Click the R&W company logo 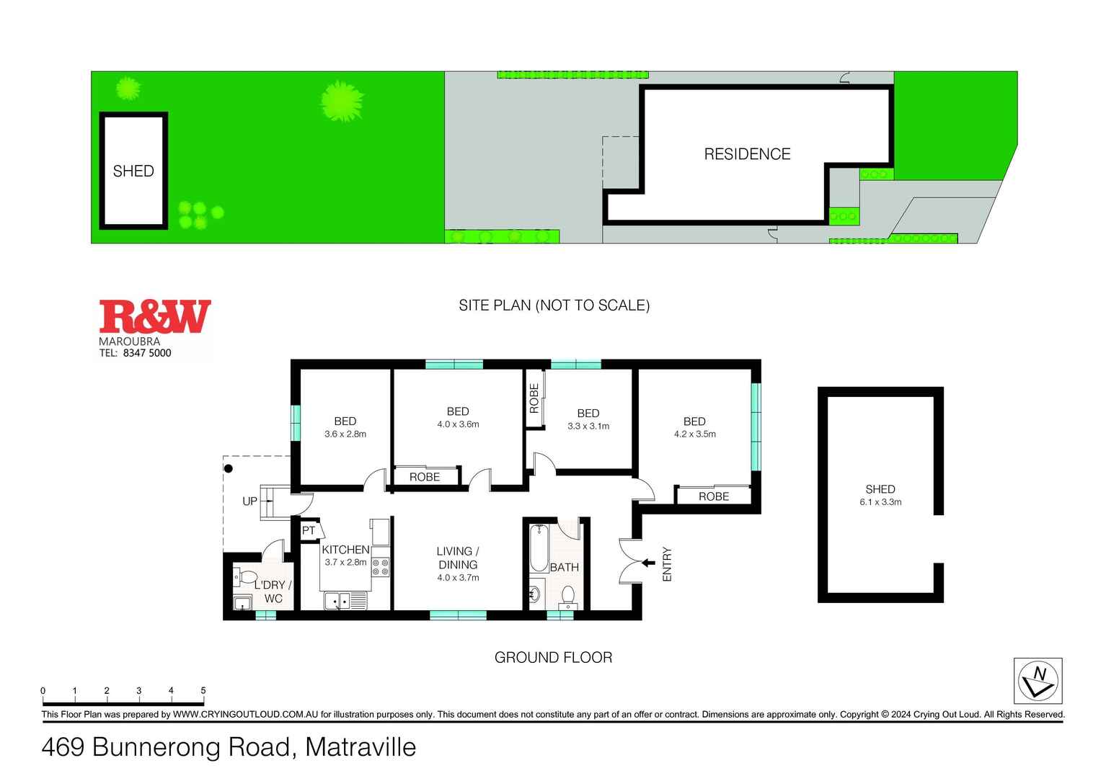[x=154, y=317]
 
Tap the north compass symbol [x=1038, y=681]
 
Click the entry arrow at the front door [x=648, y=563]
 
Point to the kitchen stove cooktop [x=380, y=567]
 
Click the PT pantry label [x=309, y=531]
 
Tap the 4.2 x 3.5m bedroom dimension [x=694, y=434]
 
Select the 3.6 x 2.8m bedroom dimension [x=345, y=434]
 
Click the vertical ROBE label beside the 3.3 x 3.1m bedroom [x=534, y=398]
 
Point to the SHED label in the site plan [x=133, y=171]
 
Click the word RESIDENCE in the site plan [x=747, y=154]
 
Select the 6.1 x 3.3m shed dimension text [x=880, y=502]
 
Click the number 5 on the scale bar [x=203, y=690]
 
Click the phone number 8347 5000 [x=147, y=353]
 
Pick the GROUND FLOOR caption [x=553, y=657]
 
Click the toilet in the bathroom [x=568, y=597]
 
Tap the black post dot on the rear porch [x=229, y=468]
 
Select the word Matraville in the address [x=360, y=747]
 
